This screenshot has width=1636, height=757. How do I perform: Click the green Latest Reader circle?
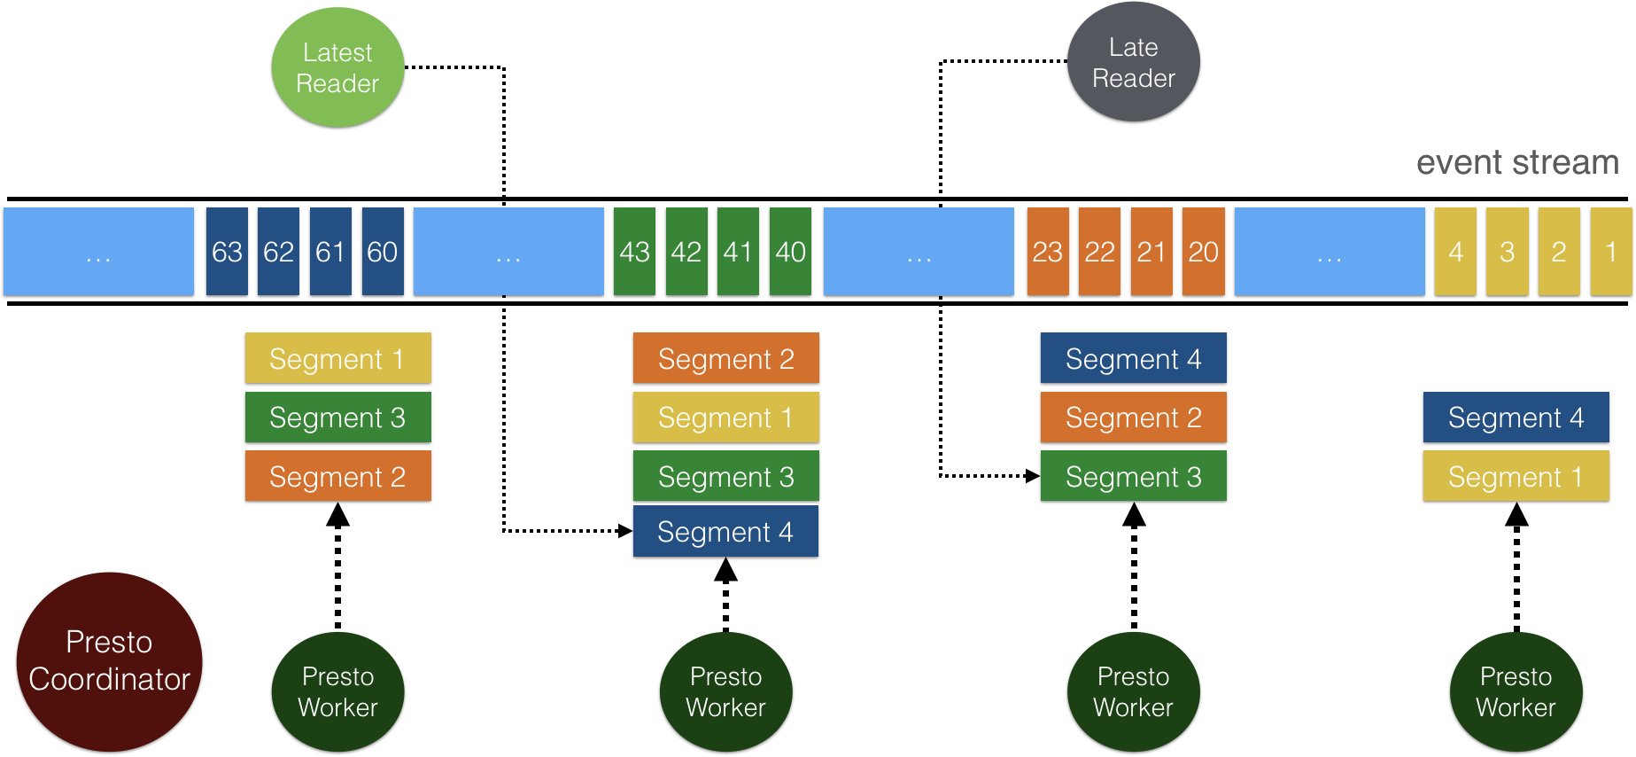(x=337, y=67)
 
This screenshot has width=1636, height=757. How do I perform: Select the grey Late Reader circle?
(x=1133, y=62)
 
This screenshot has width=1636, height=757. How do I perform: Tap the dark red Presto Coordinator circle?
(x=109, y=661)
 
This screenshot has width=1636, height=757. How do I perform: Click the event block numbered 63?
(x=227, y=252)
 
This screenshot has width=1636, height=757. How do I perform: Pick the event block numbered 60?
(x=383, y=252)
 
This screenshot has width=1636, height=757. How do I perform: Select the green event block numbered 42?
(x=686, y=252)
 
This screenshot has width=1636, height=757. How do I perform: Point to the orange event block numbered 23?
(x=1048, y=252)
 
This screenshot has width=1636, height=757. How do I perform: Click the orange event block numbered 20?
(x=1203, y=252)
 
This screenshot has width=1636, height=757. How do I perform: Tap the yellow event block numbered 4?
(x=1455, y=252)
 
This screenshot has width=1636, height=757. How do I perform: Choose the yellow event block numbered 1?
(x=1611, y=252)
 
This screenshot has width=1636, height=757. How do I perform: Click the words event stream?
(x=1516, y=162)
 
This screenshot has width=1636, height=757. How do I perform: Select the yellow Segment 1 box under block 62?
(x=337, y=358)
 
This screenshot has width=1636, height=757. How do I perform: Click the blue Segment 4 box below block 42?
(x=725, y=531)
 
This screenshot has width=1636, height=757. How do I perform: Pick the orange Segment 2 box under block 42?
(x=725, y=358)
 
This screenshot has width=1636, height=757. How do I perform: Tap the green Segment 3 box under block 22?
(x=1133, y=476)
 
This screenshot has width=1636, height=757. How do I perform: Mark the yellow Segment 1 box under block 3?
(x=1516, y=476)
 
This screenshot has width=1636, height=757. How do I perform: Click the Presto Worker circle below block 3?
(x=1516, y=691)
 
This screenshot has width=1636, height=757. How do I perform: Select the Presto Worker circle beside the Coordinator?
(x=337, y=691)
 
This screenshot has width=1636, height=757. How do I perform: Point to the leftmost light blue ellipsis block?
(x=98, y=252)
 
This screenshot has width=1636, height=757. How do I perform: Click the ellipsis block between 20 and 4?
(x=1330, y=252)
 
